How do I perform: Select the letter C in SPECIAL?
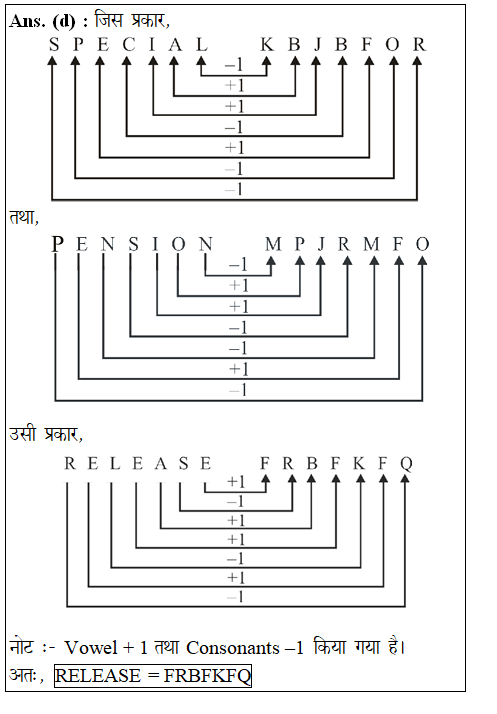click(128, 45)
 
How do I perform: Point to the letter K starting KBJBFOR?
click(266, 45)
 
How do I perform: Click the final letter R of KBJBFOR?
click(419, 45)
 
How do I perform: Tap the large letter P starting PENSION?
click(57, 244)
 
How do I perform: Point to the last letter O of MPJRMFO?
click(422, 244)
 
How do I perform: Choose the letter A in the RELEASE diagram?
click(160, 463)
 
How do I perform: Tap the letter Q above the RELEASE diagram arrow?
click(406, 463)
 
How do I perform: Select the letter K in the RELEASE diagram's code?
click(357, 463)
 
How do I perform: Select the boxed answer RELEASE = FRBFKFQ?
click(152, 676)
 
